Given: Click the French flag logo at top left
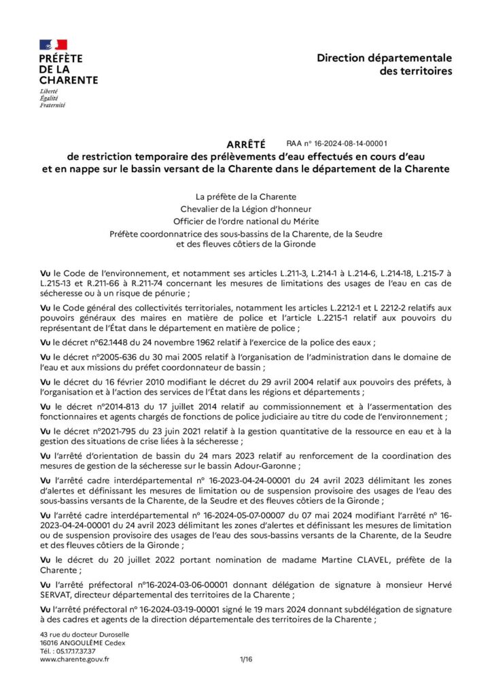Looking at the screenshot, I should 54,45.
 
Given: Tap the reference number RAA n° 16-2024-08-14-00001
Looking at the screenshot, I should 336,143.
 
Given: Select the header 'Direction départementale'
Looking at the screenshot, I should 384,58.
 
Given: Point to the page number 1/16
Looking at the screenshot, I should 245,659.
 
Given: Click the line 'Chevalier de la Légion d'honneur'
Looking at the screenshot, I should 245,209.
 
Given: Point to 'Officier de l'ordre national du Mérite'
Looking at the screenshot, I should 245,221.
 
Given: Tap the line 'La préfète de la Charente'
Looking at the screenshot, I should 245,196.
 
